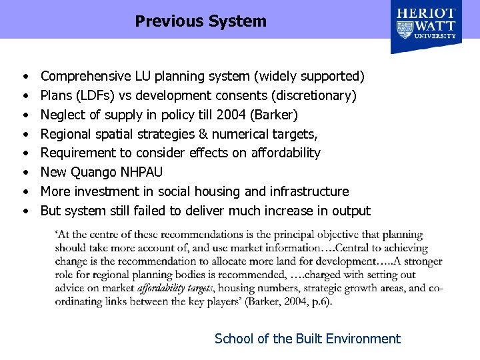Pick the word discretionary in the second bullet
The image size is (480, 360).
pos(317,95)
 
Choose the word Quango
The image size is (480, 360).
pos(95,172)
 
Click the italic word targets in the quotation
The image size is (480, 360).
pos(197,289)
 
